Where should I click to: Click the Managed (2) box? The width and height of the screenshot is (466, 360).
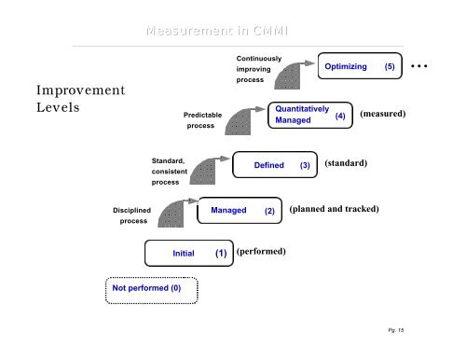pyautogui.click(x=240, y=211)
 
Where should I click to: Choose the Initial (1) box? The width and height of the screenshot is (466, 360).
pyautogui.click(x=189, y=253)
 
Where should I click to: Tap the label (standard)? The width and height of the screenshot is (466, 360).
pyautogui.click(x=346, y=163)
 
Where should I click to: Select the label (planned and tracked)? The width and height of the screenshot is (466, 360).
pyautogui.click(x=335, y=209)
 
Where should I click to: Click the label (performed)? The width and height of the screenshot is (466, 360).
pyautogui.click(x=261, y=252)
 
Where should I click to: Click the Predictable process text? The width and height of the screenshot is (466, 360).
pyautogui.click(x=203, y=119)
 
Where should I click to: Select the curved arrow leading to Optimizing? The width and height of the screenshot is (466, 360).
pyautogui.click(x=296, y=75)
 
